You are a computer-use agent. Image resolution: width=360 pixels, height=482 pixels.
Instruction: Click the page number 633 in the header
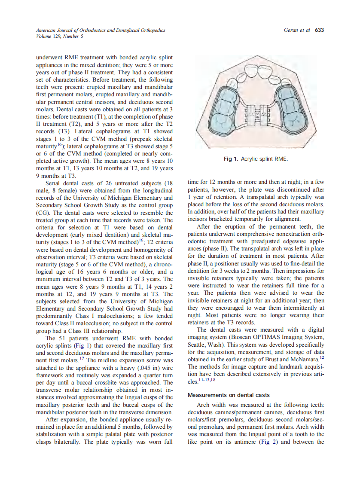click(319, 30)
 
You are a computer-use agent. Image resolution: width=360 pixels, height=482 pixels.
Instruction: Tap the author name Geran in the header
click(293, 30)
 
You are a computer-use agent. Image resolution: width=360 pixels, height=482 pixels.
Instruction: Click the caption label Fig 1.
click(231, 159)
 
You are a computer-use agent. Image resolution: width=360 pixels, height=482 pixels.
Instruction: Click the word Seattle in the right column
click(198, 345)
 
